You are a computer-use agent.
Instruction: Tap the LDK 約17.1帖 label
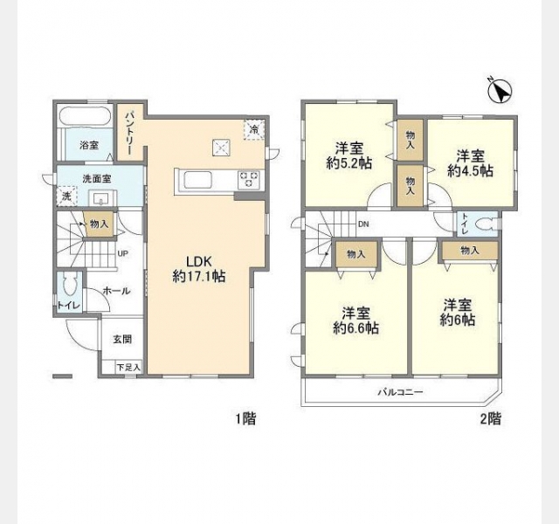[199, 269]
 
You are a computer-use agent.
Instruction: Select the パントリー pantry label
[129, 133]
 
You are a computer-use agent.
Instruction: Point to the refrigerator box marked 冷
[254, 129]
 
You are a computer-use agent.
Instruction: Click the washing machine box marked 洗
[66, 196]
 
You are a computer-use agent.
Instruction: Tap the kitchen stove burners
[248, 179]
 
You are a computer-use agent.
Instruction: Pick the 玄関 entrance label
[122, 340]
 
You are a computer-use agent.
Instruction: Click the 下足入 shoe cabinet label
[128, 367]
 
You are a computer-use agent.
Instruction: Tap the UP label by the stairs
[123, 254]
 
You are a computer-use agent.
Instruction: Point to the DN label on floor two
[363, 224]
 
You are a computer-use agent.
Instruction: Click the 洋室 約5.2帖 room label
[349, 155]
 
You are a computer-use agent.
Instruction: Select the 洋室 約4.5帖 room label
[470, 163]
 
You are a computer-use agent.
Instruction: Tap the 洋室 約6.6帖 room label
[355, 321]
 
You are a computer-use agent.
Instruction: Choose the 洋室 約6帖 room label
[458, 313]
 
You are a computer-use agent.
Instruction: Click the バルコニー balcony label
[400, 392]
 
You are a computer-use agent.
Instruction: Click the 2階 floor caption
[490, 418]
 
